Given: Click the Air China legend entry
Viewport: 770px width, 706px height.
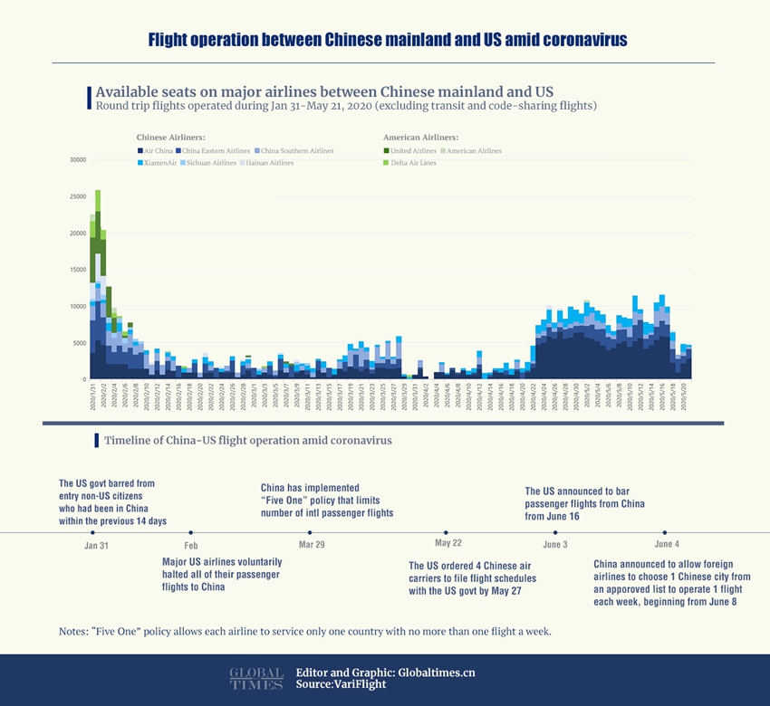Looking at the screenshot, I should click(x=155, y=150).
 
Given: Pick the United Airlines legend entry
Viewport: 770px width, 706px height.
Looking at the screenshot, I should click(x=412, y=150).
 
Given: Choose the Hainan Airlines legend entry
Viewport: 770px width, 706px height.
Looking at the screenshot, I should click(x=266, y=163).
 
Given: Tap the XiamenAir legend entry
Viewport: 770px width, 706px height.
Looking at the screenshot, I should click(x=159, y=163).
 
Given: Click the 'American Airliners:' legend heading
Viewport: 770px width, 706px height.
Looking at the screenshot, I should click(x=419, y=138).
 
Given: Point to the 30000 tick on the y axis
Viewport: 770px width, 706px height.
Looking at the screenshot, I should click(x=77, y=160).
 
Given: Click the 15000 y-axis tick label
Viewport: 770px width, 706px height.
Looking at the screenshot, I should click(x=77, y=270).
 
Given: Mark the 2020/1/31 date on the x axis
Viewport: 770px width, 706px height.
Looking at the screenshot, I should click(x=92, y=397).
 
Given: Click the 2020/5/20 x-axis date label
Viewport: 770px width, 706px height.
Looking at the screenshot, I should click(x=685, y=397).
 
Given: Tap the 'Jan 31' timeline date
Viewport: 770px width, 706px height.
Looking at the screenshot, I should click(x=96, y=546).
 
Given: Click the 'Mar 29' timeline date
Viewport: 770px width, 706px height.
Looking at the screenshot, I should click(x=312, y=545).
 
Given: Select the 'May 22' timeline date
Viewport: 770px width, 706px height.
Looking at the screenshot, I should click(x=448, y=543).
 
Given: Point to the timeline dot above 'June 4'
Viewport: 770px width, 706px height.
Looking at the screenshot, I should click(x=665, y=532).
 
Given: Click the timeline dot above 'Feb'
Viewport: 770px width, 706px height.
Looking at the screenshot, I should click(x=190, y=532).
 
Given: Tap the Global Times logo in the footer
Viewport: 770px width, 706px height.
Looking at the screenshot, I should click(x=256, y=679).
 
